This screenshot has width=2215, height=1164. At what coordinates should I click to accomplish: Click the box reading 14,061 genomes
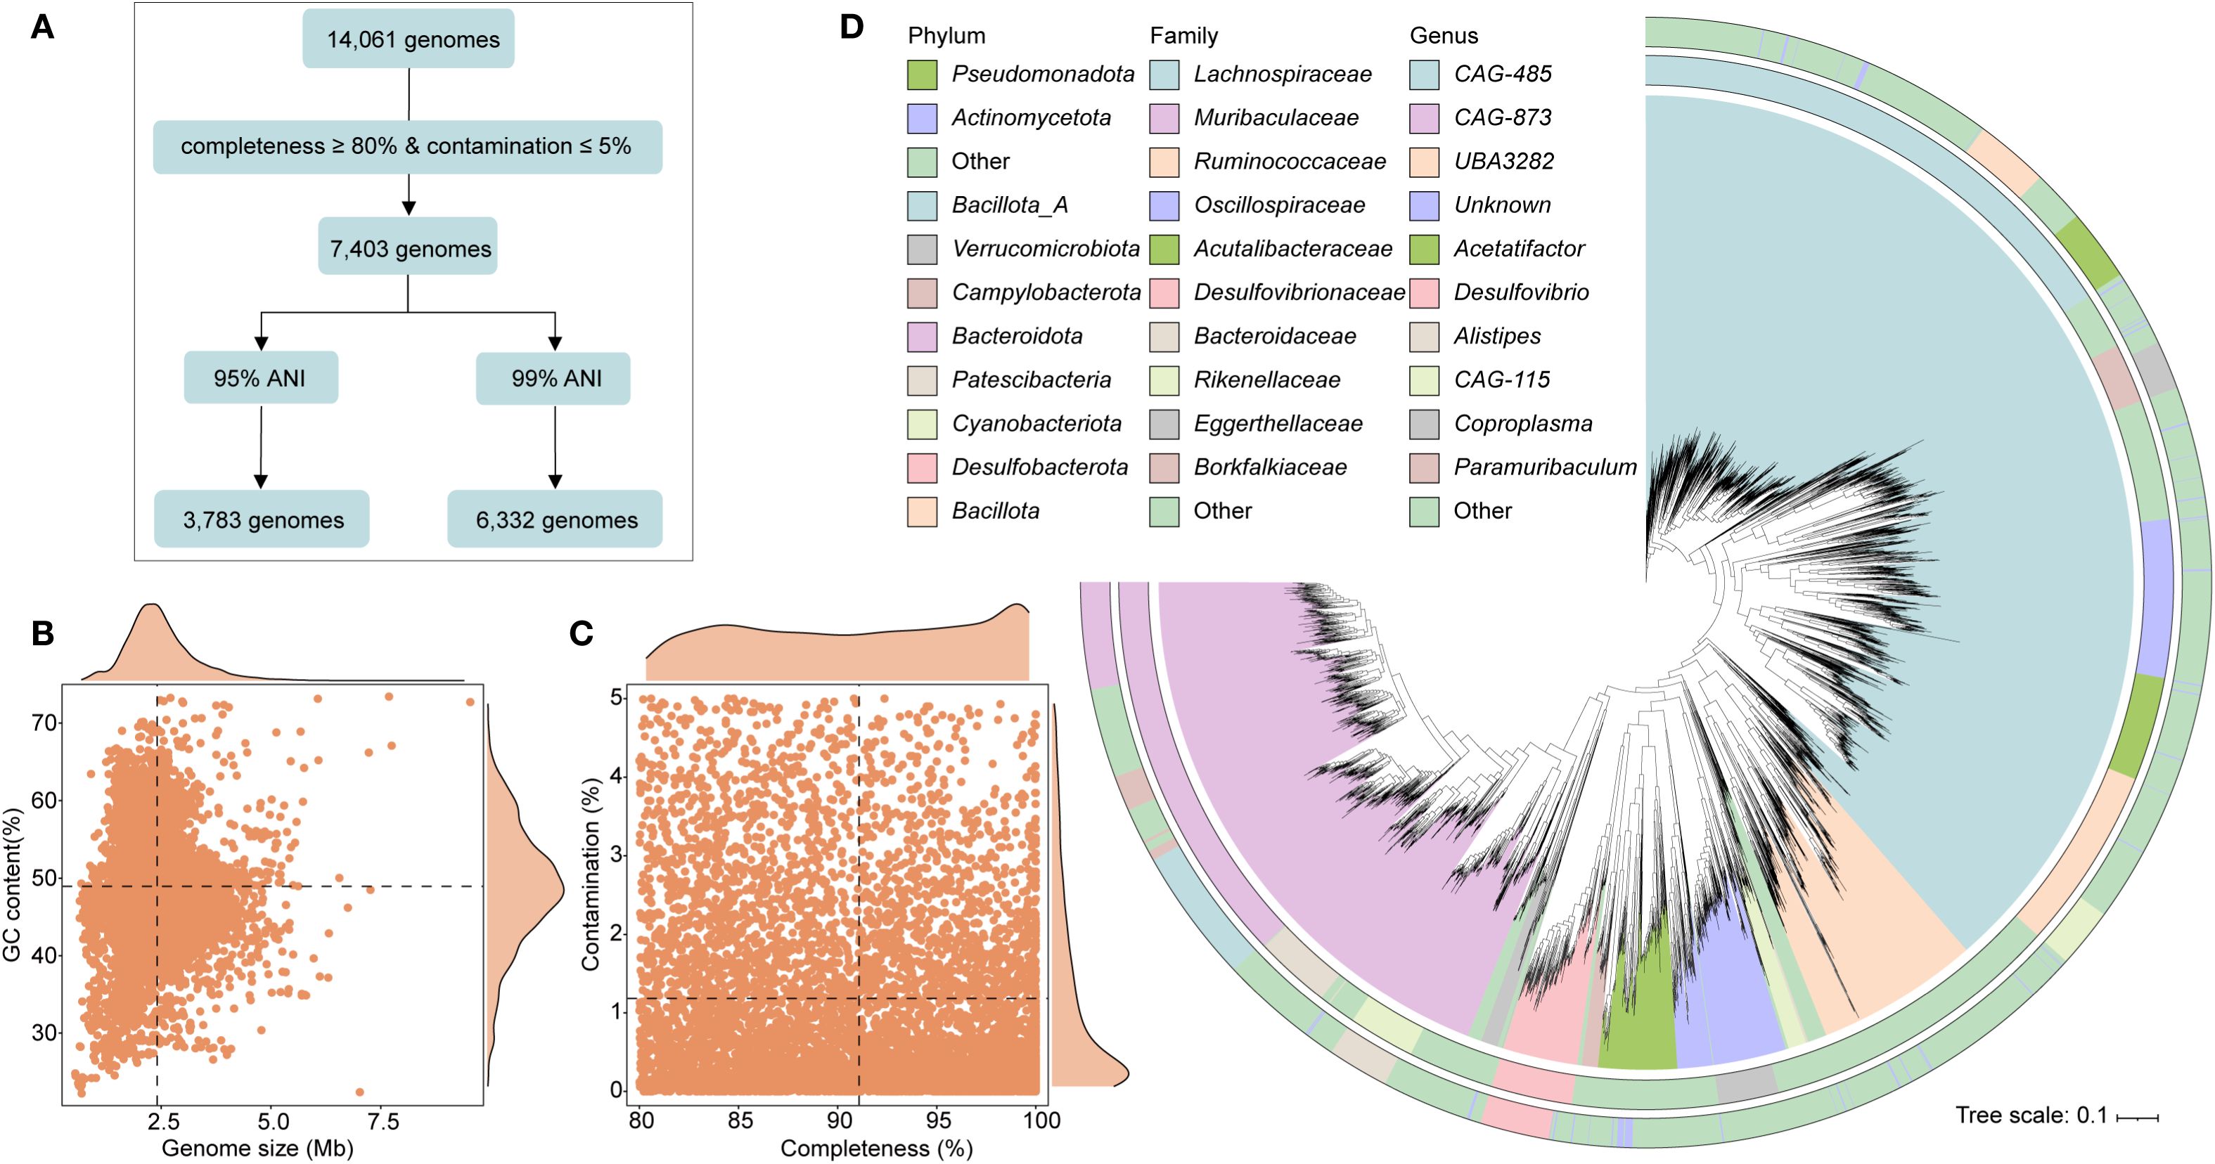[x=409, y=39]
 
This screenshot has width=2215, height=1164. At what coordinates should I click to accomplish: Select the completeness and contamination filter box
[x=408, y=147]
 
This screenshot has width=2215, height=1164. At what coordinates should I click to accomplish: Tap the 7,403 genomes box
[x=408, y=247]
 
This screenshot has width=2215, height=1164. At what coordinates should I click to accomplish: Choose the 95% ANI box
[x=261, y=377]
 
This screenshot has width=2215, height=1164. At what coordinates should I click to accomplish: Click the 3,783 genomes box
[x=262, y=519]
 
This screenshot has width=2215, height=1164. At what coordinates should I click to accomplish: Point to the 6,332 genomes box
[x=556, y=519]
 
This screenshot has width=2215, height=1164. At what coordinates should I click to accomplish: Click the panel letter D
[x=852, y=27]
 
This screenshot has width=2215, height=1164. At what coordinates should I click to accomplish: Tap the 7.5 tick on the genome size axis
[x=383, y=1121]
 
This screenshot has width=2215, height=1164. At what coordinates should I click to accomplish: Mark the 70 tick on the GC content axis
[x=44, y=723]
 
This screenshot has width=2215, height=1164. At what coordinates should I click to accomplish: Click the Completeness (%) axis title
[x=876, y=1149]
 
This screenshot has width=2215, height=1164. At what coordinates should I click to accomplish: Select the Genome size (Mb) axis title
[x=258, y=1149]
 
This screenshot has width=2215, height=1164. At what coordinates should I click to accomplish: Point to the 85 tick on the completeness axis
[x=740, y=1121]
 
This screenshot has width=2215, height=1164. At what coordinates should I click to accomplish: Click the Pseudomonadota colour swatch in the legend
[x=922, y=75]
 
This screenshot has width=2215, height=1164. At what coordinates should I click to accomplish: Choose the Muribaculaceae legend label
[x=1276, y=118]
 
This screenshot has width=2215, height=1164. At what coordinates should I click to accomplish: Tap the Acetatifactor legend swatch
[x=1424, y=250]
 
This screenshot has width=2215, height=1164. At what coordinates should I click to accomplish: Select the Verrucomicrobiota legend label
[x=1046, y=250]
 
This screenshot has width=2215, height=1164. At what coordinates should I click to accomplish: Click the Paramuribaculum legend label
[x=1545, y=467]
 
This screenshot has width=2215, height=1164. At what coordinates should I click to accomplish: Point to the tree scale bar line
[x=2138, y=1118]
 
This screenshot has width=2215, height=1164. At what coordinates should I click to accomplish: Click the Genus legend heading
[x=1444, y=36]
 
